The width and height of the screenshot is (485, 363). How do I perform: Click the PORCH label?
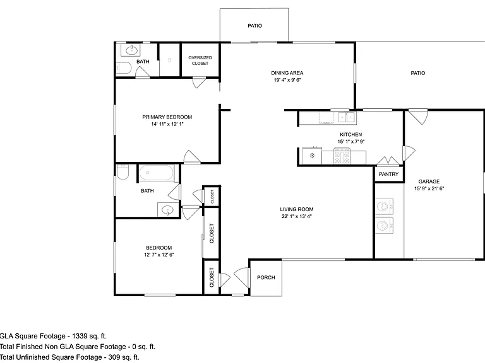click(266, 277)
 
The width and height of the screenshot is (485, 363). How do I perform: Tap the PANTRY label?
click(388, 174)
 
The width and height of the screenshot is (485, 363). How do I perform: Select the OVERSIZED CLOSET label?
click(200, 60)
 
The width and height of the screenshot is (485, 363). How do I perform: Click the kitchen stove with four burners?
click(342, 156)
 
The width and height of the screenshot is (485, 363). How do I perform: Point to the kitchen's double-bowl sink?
click(347, 117)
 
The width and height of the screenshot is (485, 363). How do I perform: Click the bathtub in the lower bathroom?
click(156, 173)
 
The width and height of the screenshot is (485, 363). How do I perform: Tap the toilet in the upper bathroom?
click(124, 68)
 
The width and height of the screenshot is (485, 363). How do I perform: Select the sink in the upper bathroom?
click(130, 50)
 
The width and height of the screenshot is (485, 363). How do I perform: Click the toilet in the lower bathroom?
click(123, 172)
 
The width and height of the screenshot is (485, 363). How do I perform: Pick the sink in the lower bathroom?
click(168, 210)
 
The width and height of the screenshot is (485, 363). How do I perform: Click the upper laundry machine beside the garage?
click(384, 207)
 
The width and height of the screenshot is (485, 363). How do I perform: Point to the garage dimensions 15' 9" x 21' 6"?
click(429, 188)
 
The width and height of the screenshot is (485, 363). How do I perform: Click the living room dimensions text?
click(297, 216)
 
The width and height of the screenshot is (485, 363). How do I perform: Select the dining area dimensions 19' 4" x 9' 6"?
click(287, 80)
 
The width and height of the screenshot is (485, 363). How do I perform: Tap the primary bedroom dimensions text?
click(167, 124)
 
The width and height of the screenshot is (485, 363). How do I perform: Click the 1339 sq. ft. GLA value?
click(89, 336)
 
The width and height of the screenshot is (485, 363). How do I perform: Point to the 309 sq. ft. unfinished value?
click(123, 357)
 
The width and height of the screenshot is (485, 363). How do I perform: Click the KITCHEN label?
click(350, 135)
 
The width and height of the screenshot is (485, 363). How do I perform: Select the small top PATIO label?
click(255, 26)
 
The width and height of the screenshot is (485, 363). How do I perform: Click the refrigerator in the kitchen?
click(312, 156)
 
